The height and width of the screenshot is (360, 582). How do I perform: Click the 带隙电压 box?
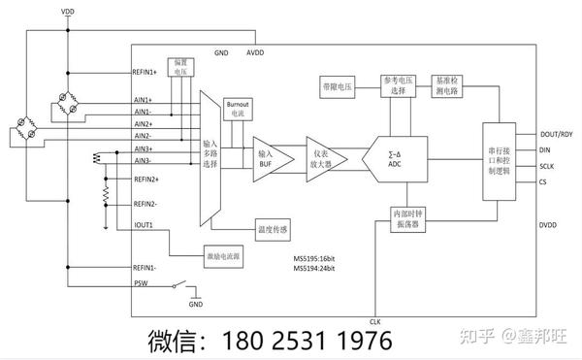[x=339, y=86]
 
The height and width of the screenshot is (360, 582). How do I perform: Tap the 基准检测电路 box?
[x=454, y=85]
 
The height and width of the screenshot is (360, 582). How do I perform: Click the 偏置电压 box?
[x=181, y=67]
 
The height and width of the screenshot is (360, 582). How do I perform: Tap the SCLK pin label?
[x=547, y=166]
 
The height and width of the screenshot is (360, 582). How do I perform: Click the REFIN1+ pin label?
[x=145, y=72]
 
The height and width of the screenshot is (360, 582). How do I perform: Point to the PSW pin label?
[x=140, y=284]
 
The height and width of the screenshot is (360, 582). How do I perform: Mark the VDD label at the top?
[x=66, y=11]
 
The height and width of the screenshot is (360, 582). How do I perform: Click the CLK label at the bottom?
[x=375, y=320]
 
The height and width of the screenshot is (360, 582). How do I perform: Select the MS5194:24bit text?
[x=316, y=268]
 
